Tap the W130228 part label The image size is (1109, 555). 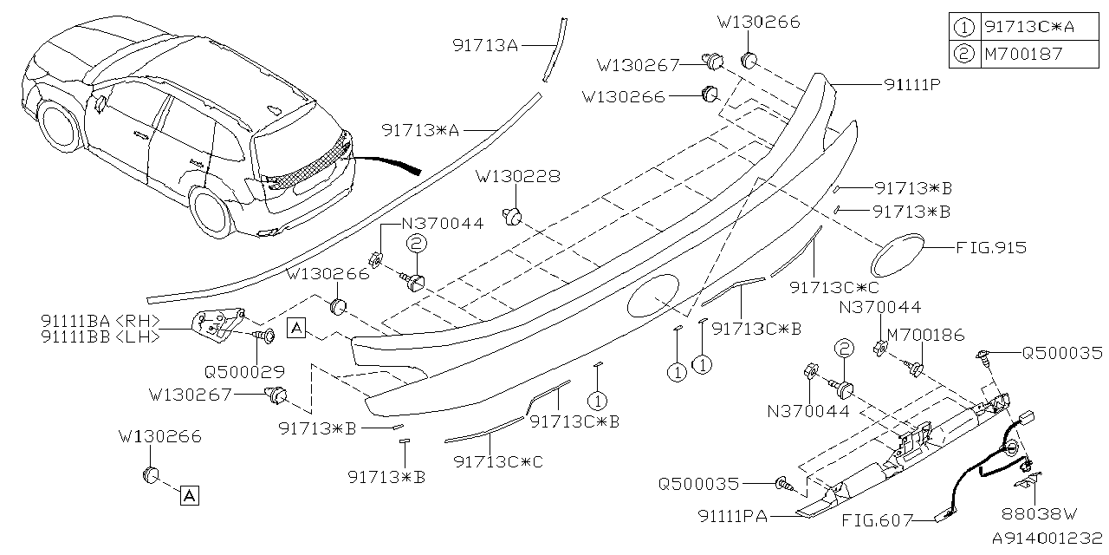(x=517, y=176)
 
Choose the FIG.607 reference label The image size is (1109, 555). (x=877, y=521)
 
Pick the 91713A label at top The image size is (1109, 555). (x=485, y=45)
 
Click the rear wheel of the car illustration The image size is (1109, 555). (x=213, y=213)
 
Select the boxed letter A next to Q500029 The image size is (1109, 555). (x=296, y=328)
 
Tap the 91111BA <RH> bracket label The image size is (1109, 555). (x=100, y=319)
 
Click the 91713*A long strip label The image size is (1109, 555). (x=419, y=130)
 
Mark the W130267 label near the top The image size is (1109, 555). (x=638, y=64)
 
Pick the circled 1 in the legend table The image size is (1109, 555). (x=964, y=26)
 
